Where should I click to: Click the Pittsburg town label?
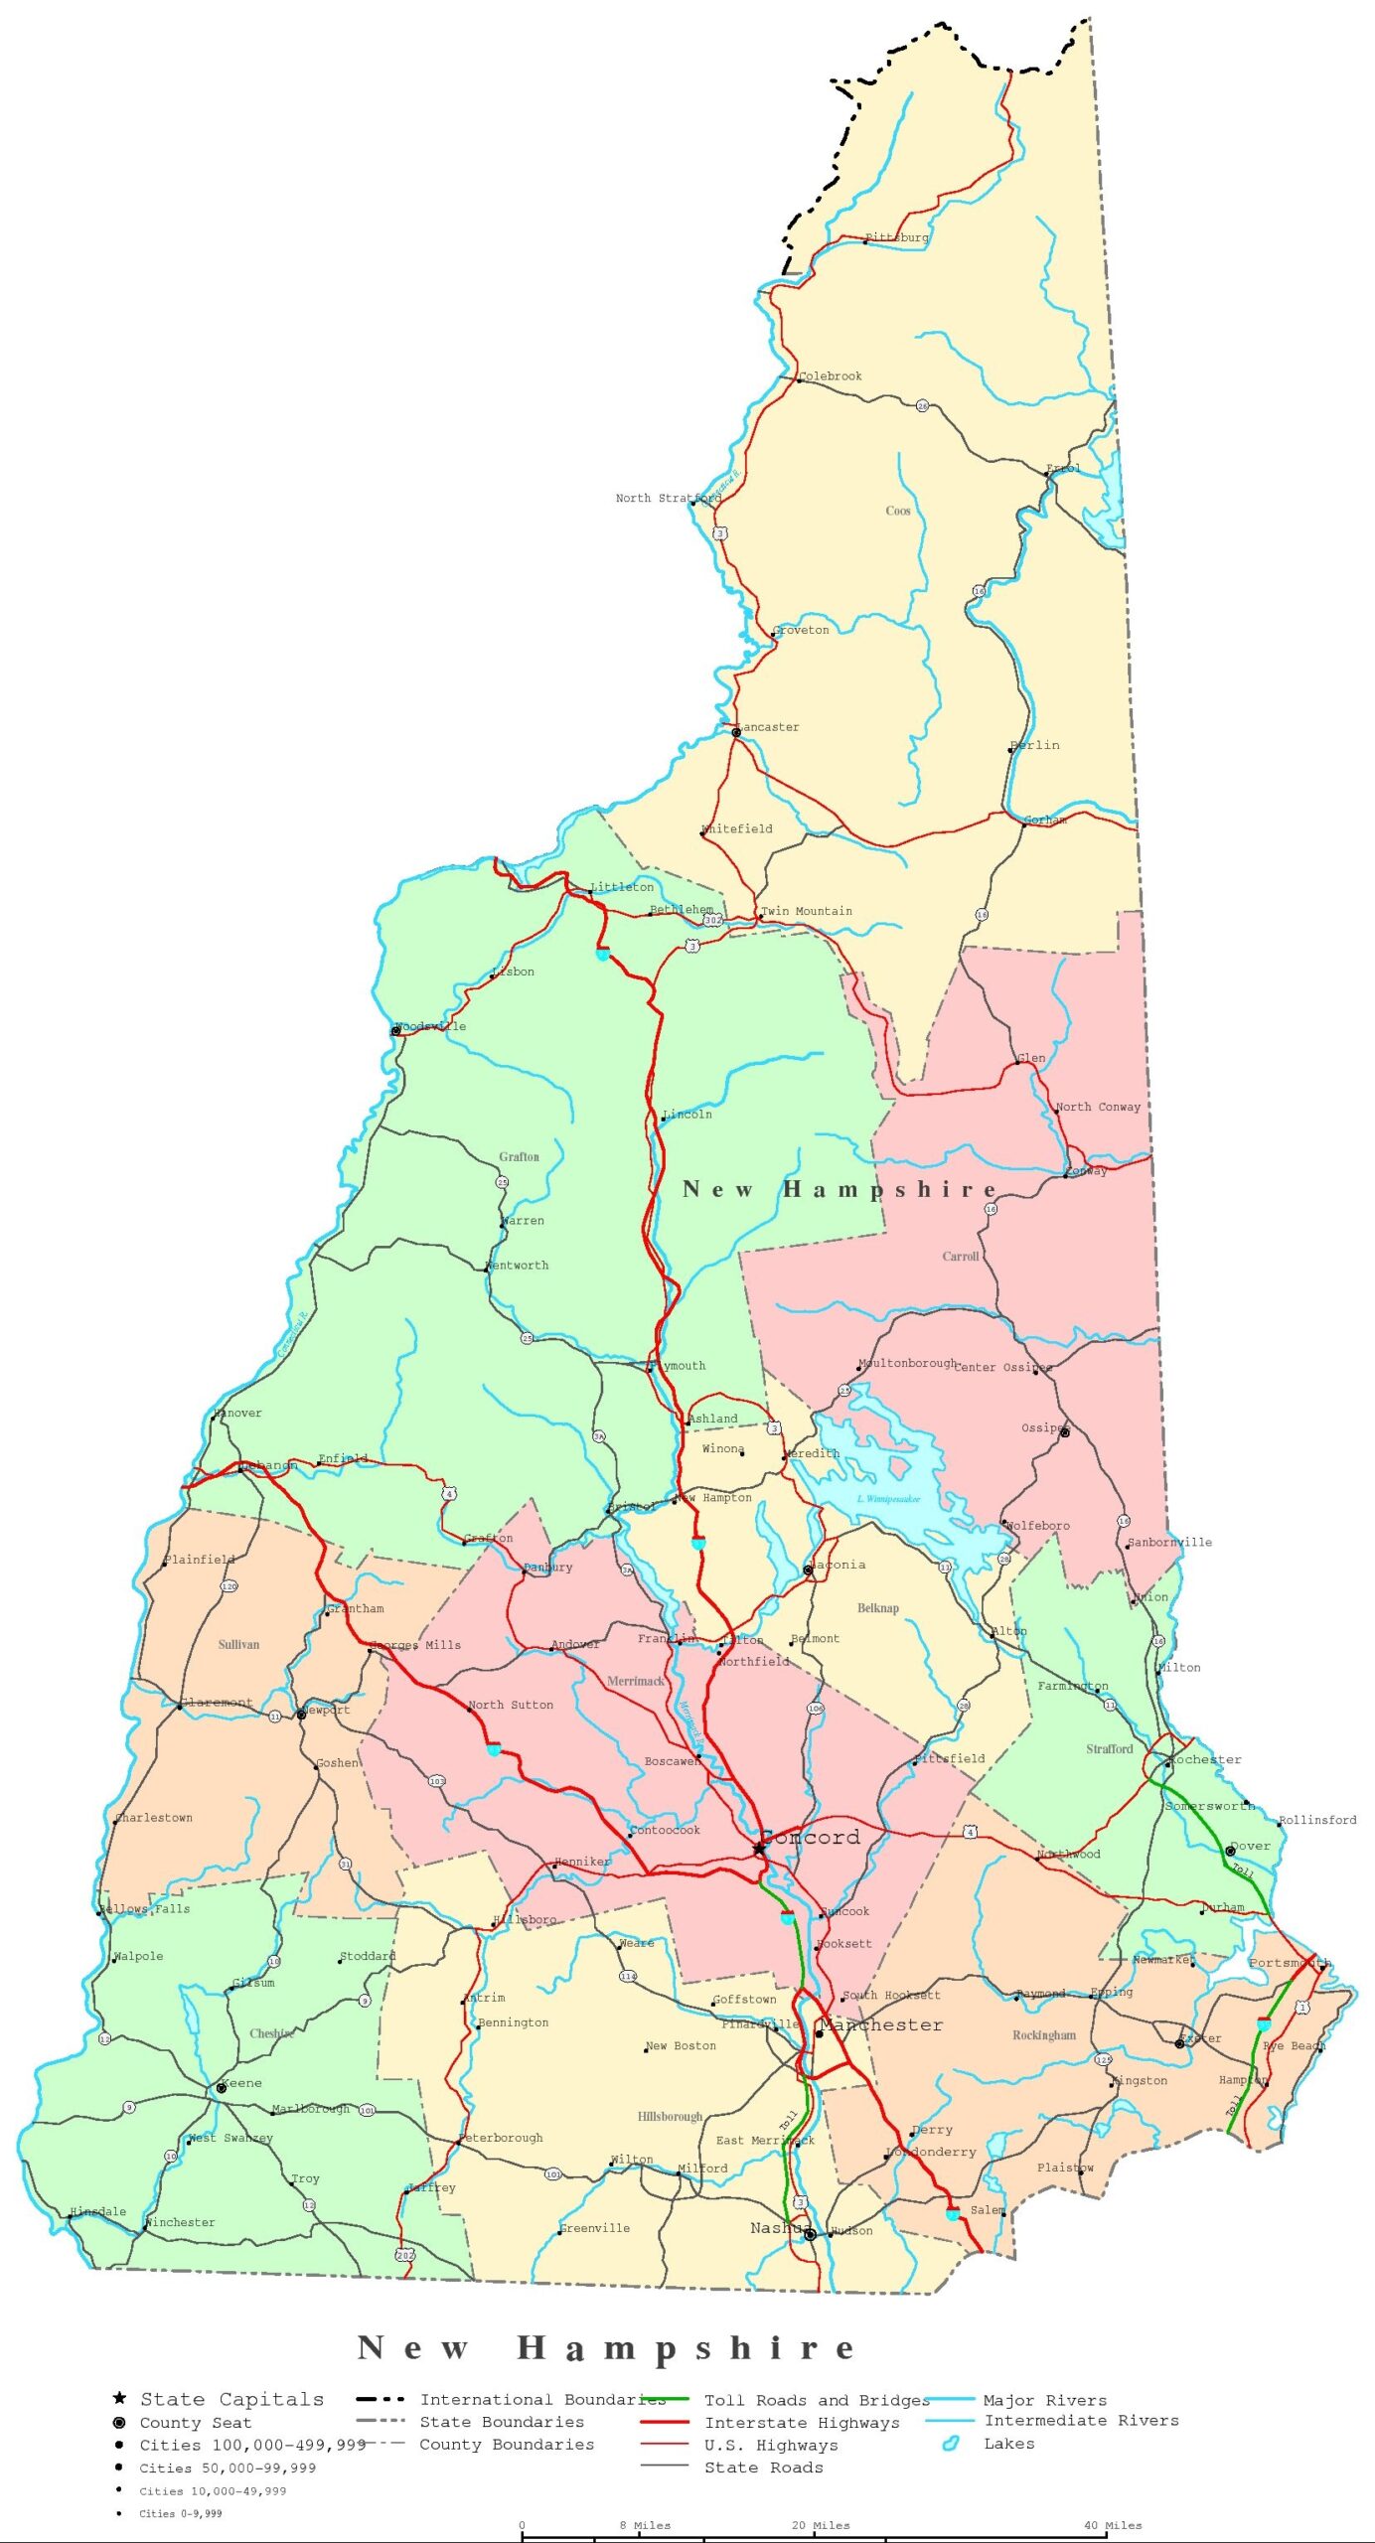click(897, 237)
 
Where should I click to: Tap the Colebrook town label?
click(831, 376)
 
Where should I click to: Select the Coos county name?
click(898, 511)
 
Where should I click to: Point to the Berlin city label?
click(1035, 745)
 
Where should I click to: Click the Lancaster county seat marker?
click(736, 732)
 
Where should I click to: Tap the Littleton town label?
click(622, 887)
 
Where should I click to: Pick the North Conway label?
click(1098, 1107)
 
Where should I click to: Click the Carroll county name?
click(961, 1257)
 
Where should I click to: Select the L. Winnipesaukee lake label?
click(888, 1499)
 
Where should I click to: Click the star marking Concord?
click(759, 1849)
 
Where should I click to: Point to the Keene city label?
click(241, 2083)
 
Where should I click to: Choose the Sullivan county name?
click(238, 1644)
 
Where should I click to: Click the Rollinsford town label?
click(1317, 1820)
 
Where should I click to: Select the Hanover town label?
click(238, 1413)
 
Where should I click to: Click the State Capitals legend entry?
click(231, 2400)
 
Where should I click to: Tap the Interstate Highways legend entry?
click(802, 2423)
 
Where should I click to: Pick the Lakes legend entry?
click(1008, 2444)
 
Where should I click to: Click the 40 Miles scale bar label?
click(1113, 2524)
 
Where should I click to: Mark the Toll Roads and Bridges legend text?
click(817, 2401)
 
